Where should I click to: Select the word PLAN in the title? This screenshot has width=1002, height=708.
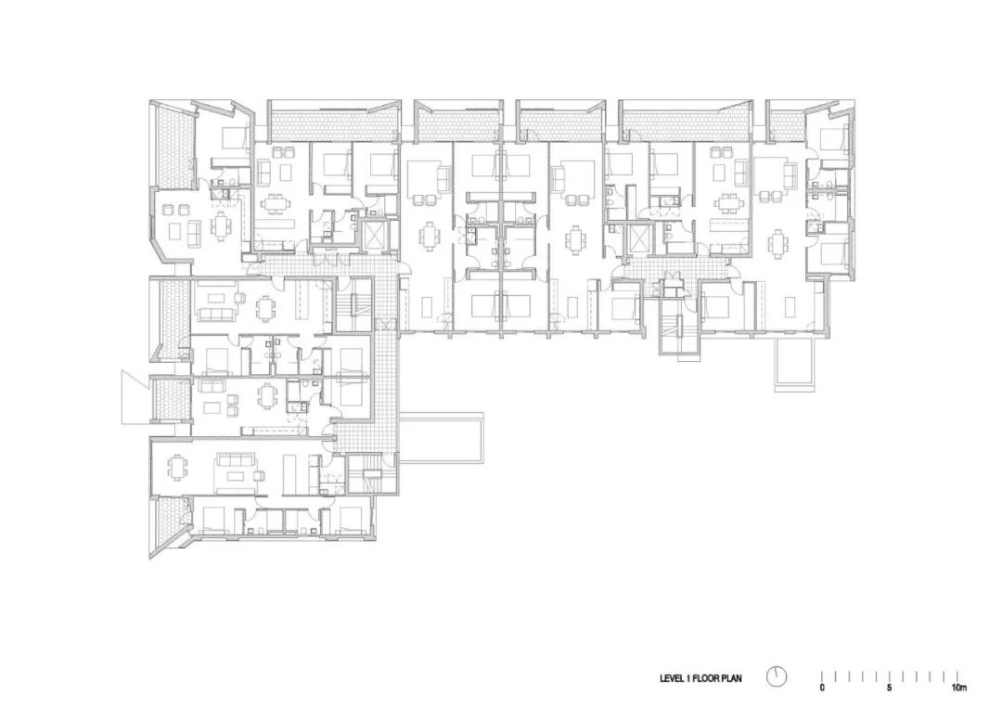point(732,678)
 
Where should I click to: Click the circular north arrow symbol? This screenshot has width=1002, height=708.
point(777,676)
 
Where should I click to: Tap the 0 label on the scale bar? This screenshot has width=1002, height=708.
point(822,689)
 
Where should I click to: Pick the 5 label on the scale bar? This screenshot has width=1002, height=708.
point(890,689)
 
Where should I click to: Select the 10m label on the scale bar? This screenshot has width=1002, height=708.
point(958,689)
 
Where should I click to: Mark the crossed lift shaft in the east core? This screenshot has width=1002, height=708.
point(639,238)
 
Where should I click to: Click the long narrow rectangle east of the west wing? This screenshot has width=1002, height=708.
point(443,437)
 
